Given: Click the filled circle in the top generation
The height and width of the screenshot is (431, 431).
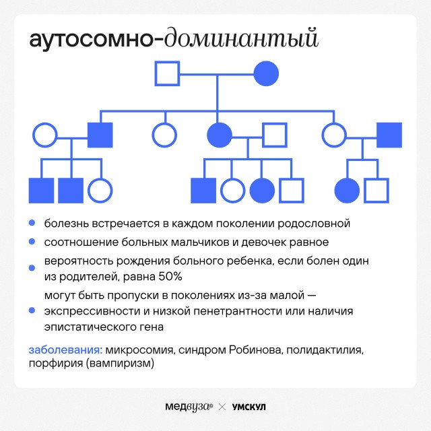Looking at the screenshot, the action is point(266,73).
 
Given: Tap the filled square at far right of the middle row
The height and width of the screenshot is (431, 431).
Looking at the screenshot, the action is point(389,135).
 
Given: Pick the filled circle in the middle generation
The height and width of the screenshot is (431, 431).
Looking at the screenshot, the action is point(220,135).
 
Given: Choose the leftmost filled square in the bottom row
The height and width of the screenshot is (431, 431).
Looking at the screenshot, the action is point(41,191).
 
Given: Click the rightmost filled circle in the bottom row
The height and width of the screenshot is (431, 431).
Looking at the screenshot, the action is point(347,191).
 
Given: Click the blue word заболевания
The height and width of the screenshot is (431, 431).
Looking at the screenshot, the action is point(66,350).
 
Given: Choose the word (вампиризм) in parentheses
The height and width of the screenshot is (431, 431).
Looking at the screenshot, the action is point(120,363).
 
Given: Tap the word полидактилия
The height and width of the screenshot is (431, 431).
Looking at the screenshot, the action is point(325,350).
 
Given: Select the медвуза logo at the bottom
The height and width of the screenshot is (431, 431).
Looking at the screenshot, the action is point(189,407).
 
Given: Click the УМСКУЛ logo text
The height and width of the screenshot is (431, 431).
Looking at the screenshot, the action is point(249,407).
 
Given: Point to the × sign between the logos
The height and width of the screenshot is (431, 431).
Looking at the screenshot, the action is point(222,407).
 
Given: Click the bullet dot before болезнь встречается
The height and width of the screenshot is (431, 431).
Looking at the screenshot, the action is point(32,223).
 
